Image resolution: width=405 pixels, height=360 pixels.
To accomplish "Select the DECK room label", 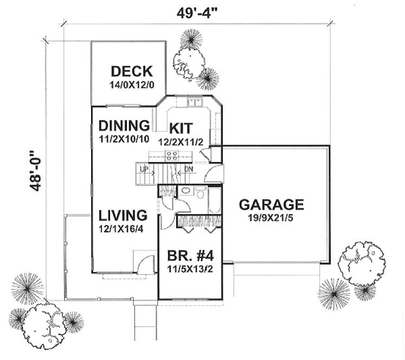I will (131, 71).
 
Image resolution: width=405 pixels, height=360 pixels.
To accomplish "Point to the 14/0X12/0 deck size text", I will (131, 85).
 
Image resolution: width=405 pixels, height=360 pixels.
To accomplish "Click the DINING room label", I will (124, 126).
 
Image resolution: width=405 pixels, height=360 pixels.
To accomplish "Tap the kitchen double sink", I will (195, 102).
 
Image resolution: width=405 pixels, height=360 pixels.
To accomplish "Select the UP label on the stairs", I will (144, 169).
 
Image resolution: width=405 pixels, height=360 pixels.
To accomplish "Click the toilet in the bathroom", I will (201, 194).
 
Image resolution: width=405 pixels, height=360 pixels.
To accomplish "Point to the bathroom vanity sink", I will (185, 191).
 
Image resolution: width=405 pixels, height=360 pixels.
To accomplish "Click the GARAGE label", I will (271, 205).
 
